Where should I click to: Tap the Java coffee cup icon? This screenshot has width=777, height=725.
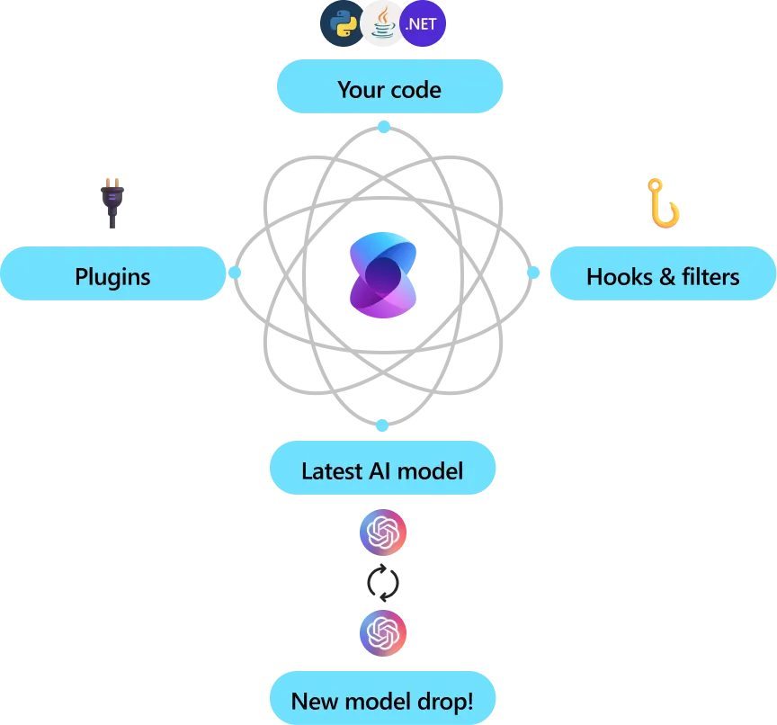pyautogui.click(x=383, y=24)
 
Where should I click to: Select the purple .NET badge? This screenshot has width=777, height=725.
pyautogui.click(x=423, y=24)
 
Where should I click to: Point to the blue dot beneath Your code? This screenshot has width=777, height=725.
pyautogui.click(x=384, y=127)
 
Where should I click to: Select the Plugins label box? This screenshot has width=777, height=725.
pyautogui.click(x=112, y=275)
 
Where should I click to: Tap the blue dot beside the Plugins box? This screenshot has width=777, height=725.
pyautogui.click(x=235, y=272)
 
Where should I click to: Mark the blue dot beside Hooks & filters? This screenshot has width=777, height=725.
pyautogui.click(x=533, y=272)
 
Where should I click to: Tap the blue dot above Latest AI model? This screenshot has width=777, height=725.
pyautogui.click(x=382, y=425)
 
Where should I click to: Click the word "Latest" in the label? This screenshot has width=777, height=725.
pyautogui.click(x=332, y=470)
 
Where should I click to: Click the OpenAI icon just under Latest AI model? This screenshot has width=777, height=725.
pyautogui.click(x=383, y=533)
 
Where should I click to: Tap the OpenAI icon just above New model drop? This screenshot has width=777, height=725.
pyautogui.click(x=383, y=633)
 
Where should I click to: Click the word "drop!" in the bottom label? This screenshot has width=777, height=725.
pyautogui.click(x=443, y=701)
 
